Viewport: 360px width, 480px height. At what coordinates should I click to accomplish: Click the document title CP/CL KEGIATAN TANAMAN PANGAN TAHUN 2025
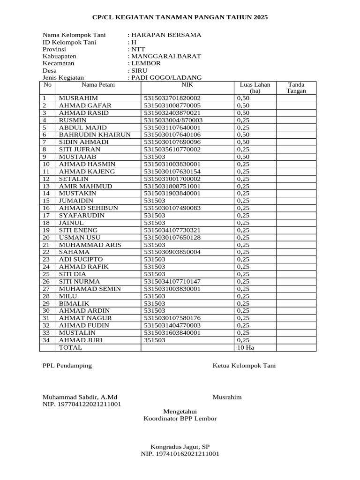click(180, 17)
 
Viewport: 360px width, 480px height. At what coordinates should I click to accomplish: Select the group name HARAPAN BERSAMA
click(166, 35)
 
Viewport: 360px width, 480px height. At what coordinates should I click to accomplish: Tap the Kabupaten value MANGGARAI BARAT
click(166, 56)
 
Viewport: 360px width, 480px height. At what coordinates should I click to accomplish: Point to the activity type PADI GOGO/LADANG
click(166, 77)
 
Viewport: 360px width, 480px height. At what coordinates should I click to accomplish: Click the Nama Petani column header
click(98, 85)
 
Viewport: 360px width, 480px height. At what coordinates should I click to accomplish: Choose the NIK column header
click(187, 85)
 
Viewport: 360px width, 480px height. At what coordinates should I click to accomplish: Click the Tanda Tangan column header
click(296, 88)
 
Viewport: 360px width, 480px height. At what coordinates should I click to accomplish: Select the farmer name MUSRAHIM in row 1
click(78, 98)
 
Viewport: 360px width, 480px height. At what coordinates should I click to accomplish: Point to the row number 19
click(46, 230)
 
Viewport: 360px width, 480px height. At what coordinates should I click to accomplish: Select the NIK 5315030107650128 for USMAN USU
click(172, 238)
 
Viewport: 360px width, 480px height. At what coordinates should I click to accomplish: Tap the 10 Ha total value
click(246, 348)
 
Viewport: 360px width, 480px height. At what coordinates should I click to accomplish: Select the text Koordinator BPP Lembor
click(180, 419)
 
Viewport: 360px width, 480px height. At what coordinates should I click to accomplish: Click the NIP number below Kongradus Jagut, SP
click(180, 454)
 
